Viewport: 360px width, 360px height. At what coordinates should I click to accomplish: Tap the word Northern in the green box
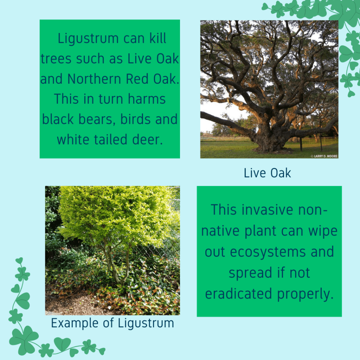pyautogui.click(x=94, y=79)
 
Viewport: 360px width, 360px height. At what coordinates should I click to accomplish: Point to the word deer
pyautogui.click(x=147, y=140)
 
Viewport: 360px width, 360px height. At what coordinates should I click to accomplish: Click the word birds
pyautogui.click(x=135, y=119)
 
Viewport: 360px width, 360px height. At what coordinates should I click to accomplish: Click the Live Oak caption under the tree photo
pyautogui.click(x=267, y=173)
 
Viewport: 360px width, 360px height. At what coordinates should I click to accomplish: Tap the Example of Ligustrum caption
pyautogui.click(x=112, y=323)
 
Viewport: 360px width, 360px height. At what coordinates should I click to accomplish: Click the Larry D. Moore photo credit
pyautogui.click(x=324, y=156)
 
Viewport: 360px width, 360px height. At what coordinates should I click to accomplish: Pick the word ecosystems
pyautogui.click(x=268, y=252)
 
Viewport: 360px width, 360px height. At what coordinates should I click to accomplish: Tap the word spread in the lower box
pyautogui.click(x=250, y=274)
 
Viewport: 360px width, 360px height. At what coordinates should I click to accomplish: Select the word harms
pyautogui.click(x=147, y=99)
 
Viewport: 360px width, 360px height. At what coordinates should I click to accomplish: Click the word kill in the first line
pyautogui.click(x=158, y=38)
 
